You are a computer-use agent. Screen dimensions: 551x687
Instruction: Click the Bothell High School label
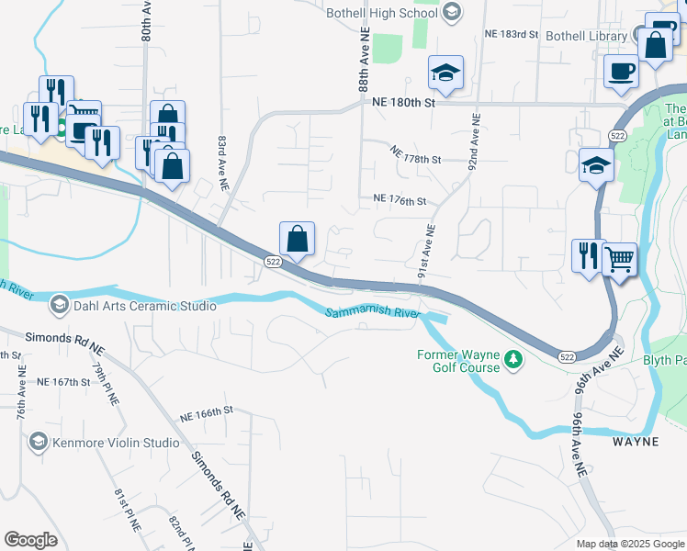[384, 11]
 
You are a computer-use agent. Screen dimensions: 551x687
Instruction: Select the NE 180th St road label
[403, 103]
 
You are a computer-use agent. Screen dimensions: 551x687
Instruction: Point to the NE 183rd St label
[511, 34]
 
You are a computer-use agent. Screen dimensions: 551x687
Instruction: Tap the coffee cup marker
[622, 72]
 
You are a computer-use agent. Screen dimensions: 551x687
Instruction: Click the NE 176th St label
[400, 200]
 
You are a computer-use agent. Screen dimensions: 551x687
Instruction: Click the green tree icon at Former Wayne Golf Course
[515, 360]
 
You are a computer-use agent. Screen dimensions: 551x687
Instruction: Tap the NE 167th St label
[63, 381]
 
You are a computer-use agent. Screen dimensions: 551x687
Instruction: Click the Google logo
[31, 541]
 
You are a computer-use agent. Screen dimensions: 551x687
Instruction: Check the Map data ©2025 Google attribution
[629, 544]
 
